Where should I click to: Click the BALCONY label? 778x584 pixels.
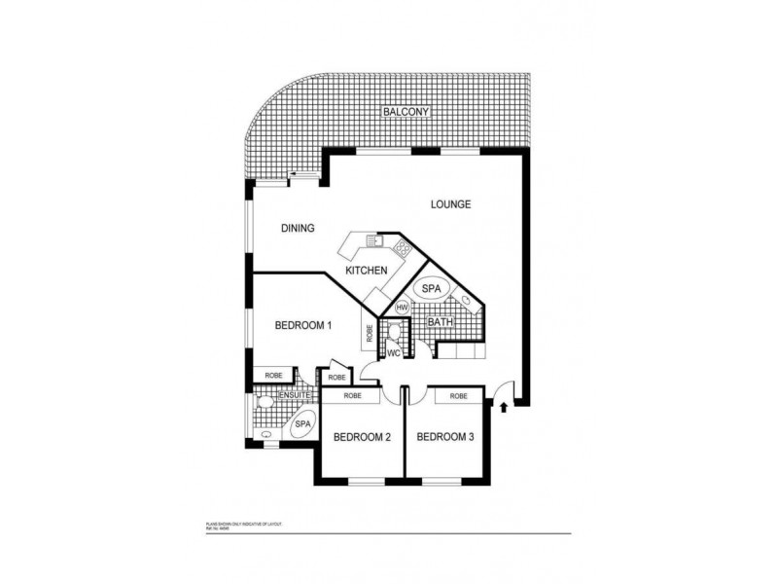tap(406, 112)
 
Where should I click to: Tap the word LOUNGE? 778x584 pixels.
tap(452, 204)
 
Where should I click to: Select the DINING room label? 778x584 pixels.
tap(298, 229)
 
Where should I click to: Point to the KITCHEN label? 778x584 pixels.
tap(367, 271)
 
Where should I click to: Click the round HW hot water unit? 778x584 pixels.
tap(401, 308)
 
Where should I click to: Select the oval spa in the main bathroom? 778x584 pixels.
tap(431, 289)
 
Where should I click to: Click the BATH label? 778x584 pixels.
tap(441, 321)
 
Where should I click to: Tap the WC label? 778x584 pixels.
tap(395, 352)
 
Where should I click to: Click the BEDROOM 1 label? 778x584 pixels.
tap(303, 325)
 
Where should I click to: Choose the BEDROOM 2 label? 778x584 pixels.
tap(362, 437)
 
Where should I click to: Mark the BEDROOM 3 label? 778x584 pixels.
tap(445, 437)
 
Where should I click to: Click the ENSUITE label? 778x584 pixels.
tap(296, 395)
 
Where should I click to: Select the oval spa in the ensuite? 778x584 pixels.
tap(301, 424)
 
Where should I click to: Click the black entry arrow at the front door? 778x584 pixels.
tap(504, 408)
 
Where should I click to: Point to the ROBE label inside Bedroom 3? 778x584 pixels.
tap(459, 396)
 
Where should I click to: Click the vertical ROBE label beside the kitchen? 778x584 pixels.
tap(370, 331)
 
